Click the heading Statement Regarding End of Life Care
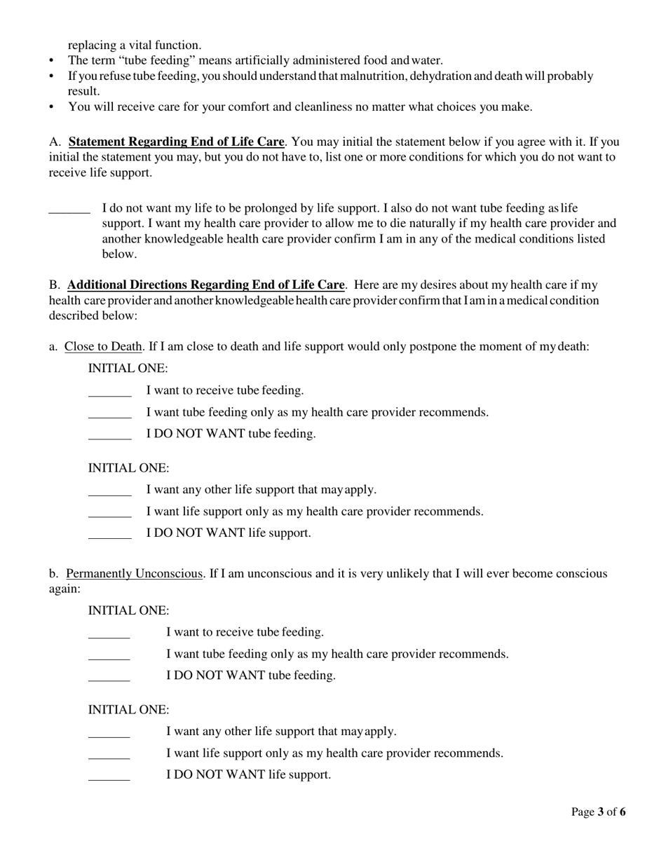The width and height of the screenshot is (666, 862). click(x=176, y=142)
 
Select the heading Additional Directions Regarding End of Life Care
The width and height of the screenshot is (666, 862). click(x=205, y=285)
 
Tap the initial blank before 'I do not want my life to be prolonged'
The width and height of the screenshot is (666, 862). click(x=69, y=210)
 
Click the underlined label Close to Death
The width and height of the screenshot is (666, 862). click(x=104, y=347)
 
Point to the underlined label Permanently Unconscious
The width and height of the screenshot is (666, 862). click(x=134, y=574)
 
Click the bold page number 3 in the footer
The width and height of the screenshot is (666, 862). click(x=600, y=812)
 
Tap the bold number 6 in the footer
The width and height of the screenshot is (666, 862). click(x=623, y=812)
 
